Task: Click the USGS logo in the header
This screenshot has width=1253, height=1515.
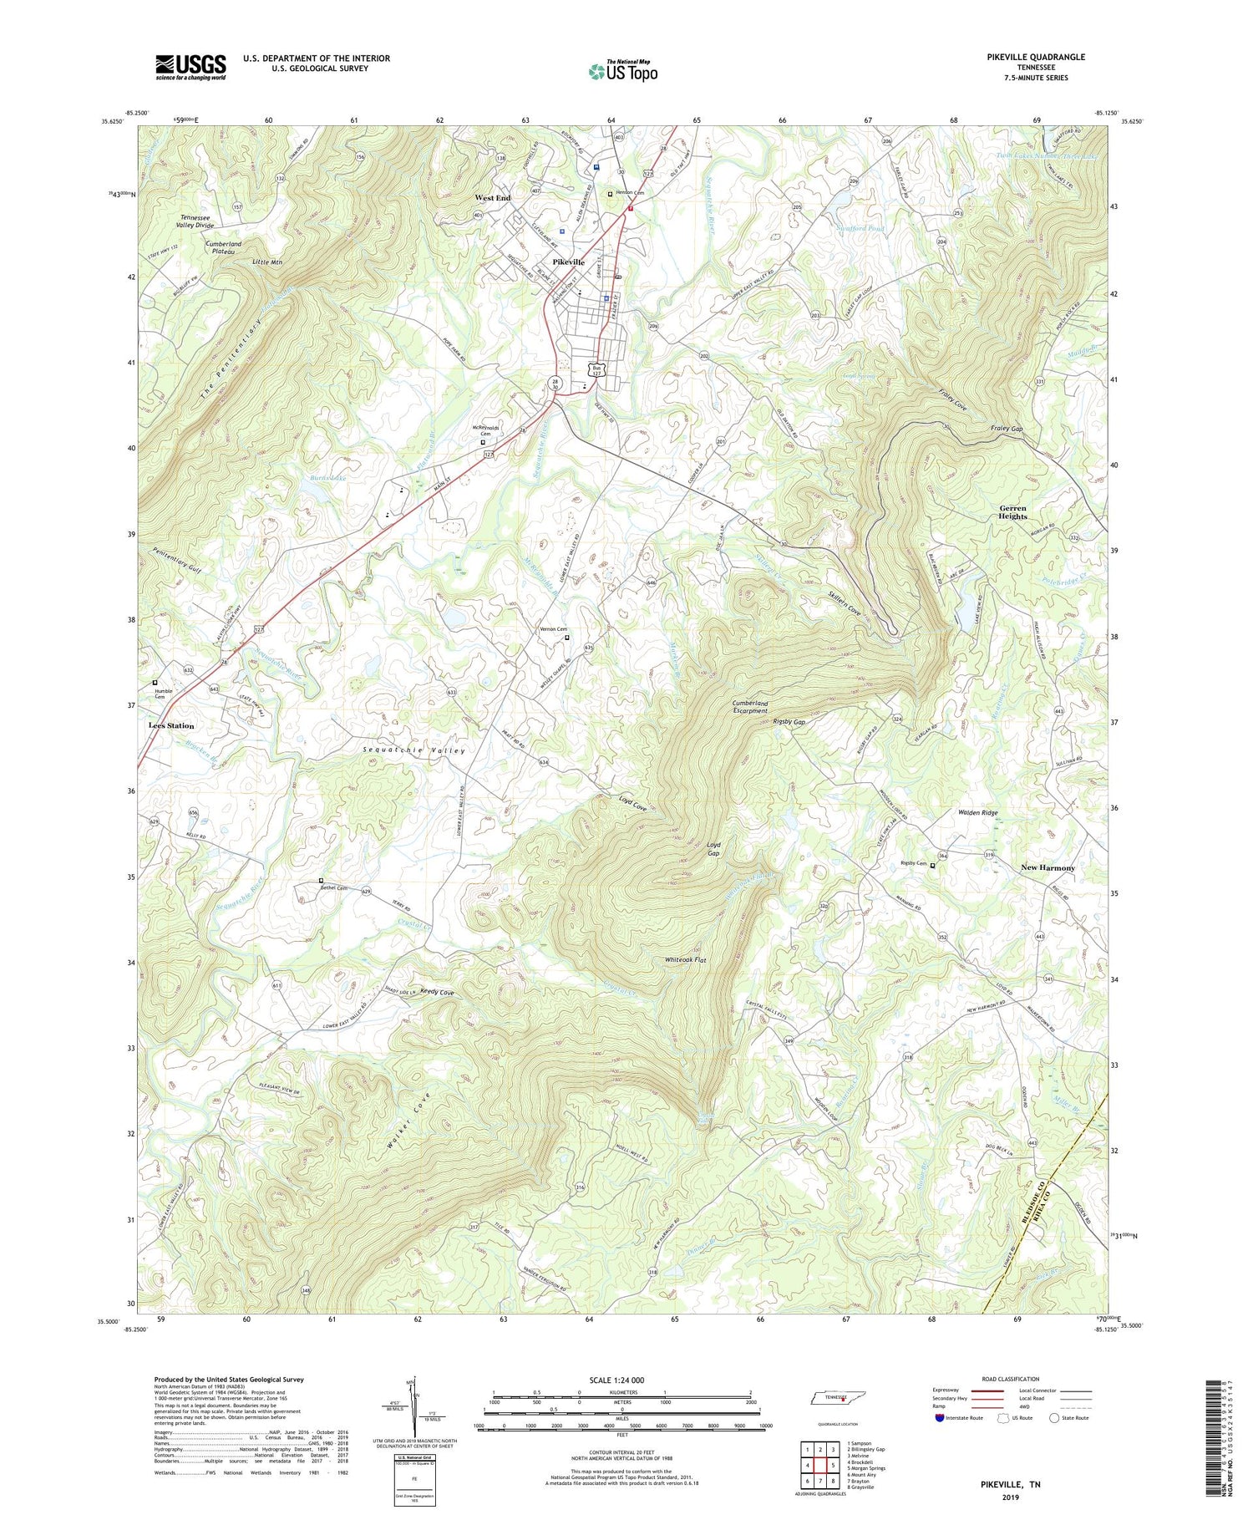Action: [190, 67]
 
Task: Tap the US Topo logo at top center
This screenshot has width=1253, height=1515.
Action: [622, 72]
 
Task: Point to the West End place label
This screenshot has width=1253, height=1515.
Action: [492, 198]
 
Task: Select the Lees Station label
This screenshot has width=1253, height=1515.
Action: [171, 726]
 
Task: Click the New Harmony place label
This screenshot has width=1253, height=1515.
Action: [1048, 867]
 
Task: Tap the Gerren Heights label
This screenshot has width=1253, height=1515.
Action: [1013, 512]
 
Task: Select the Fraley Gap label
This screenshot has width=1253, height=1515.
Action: [1007, 429]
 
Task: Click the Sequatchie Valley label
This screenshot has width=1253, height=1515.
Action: [413, 751]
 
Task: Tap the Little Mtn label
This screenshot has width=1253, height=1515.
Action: [267, 262]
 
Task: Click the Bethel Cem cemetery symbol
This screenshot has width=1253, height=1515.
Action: [321, 880]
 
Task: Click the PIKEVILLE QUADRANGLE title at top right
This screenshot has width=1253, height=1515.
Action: [1035, 57]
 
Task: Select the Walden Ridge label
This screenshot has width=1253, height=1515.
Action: [977, 812]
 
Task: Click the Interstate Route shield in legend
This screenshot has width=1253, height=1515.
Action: [940, 1417]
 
